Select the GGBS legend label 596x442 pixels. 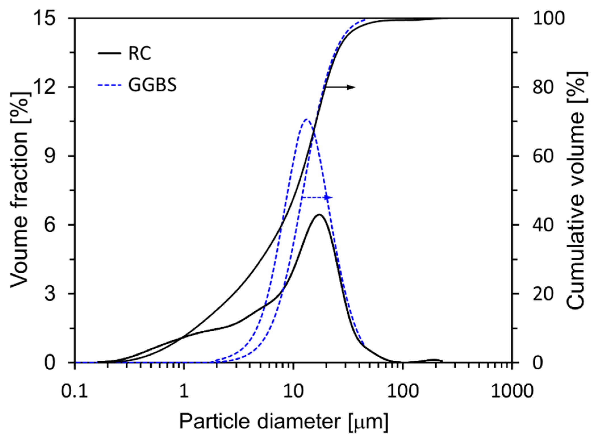point(152,85)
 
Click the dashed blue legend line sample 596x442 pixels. point(109,85)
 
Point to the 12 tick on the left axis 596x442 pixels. point(46,87)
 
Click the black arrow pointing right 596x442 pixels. point(340,87)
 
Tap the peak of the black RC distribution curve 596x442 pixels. point(319,214)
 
